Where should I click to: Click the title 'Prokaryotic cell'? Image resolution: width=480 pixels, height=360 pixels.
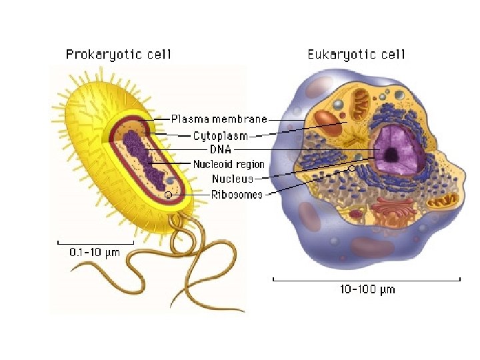[118, 54]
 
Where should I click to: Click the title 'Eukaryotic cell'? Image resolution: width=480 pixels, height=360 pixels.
[356, 54]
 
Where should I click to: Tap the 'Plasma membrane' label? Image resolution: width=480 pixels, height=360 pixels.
[219, 119]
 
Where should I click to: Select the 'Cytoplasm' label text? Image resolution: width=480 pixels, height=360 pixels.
[220, 136]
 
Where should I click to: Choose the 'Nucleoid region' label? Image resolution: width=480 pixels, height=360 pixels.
[229, 164]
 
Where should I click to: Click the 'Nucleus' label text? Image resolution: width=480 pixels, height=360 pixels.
[233, 179]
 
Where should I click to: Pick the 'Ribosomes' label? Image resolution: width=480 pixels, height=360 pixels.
[237, 195]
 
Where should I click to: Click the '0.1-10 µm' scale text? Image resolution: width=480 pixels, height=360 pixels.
[95, 253]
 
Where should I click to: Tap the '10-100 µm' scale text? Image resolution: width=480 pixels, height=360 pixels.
[367, 289]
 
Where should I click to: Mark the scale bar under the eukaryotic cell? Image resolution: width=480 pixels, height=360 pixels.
[367, 278]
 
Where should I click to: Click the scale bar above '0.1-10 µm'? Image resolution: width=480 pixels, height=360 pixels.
[95, 241]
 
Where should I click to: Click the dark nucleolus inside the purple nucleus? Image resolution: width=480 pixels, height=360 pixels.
[392, 155]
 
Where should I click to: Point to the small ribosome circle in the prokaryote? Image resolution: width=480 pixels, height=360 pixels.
[169, 195]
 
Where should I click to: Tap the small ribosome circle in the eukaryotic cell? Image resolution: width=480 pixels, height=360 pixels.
[352, 169]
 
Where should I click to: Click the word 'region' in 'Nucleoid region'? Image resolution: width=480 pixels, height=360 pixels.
[249, 164]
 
